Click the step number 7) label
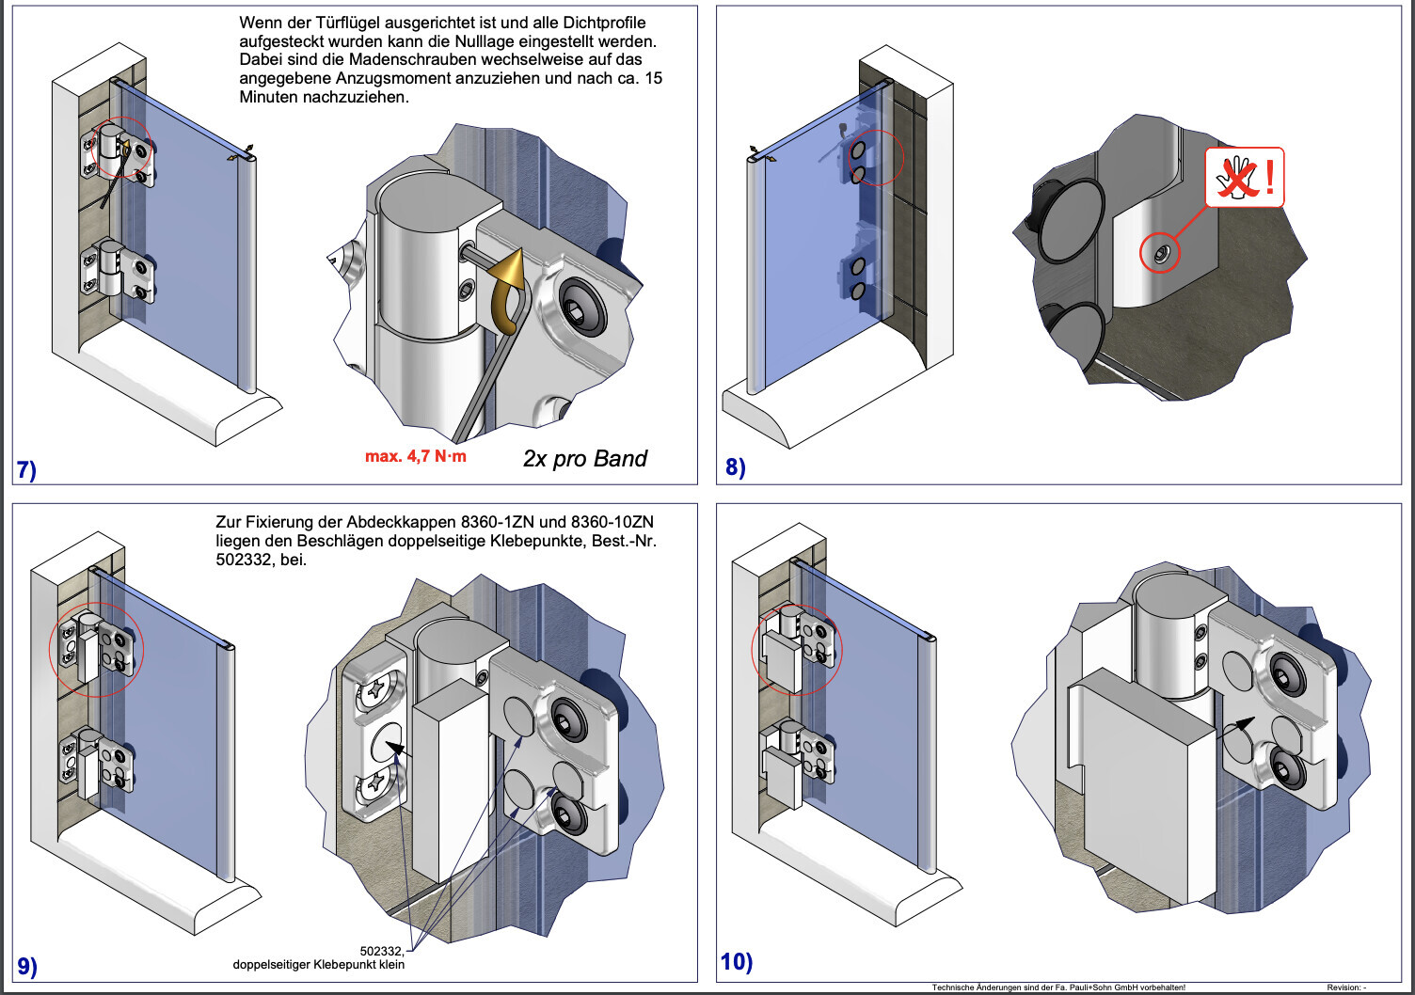[26, 469]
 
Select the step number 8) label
[735, 466]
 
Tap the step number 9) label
[27, 966]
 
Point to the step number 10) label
[737, 961]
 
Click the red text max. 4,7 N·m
[415, 457]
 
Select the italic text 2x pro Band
[584, 459]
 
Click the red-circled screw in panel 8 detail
[1161, 253]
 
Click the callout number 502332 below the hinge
[382, 951]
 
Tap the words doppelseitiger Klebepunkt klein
[319, 965]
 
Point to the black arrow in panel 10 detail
[1243, 724]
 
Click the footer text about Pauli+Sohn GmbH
[1057, 987]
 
